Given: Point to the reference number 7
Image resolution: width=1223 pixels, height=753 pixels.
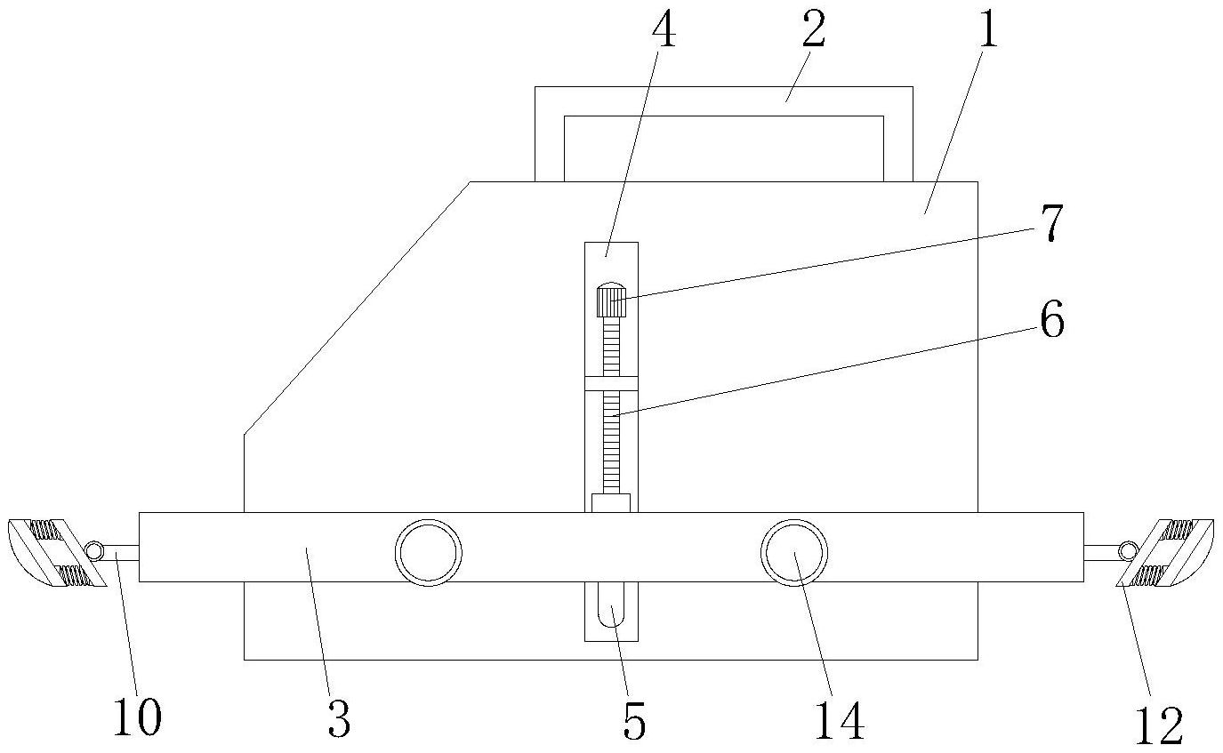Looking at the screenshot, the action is [1052, 223].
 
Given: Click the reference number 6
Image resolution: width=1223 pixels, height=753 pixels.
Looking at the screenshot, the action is [1052, 321].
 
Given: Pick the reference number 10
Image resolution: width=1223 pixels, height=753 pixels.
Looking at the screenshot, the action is [138, 717].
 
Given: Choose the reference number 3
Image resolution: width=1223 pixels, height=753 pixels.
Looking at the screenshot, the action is [339, 718].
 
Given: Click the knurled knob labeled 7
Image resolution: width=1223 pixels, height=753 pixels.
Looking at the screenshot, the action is [611, 300].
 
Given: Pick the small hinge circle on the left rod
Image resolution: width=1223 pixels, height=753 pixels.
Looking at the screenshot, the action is [93, 551].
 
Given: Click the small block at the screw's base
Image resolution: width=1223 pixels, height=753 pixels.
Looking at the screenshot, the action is [611, 503].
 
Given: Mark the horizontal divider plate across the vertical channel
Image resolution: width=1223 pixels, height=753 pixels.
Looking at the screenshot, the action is [611, 383].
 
